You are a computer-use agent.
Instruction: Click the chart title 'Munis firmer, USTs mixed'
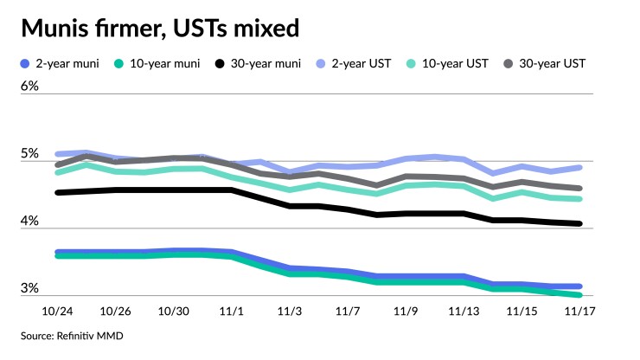click(160, 29)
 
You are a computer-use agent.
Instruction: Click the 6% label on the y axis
click(30, 87)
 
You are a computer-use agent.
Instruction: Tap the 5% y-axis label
click(30, 154)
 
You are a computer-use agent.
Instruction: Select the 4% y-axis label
click(30, 222)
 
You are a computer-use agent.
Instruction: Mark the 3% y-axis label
click(30, 288)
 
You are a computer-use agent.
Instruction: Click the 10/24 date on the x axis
click(57, 310)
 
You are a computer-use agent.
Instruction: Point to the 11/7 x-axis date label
click(348, 310)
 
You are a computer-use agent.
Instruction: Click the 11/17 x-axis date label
click(579, 310)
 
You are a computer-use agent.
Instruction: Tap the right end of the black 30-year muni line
click(579, 223)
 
